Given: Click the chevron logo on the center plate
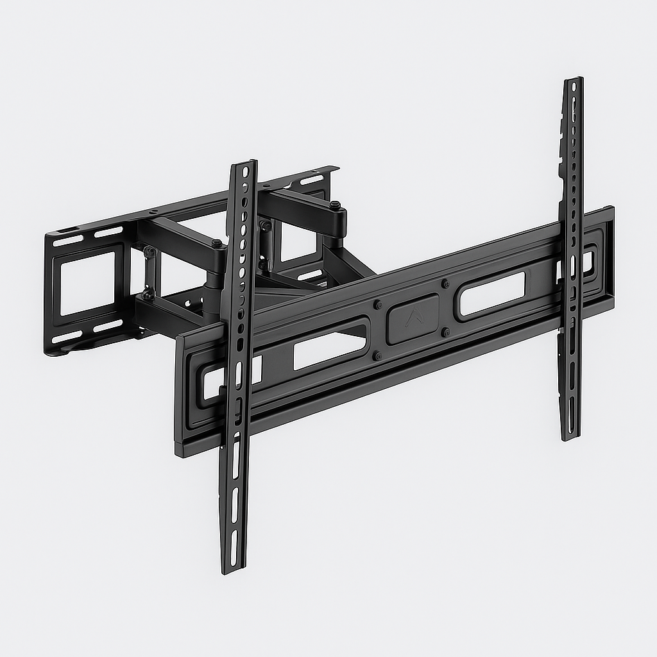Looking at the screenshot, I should tap(412, 316).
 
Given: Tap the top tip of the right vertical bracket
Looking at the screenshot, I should tap(573, 80).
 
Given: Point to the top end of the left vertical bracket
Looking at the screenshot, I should tap(244, 163).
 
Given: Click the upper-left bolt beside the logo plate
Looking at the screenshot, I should tap(377, 305).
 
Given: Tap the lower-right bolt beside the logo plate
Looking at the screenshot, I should tap(445, 332).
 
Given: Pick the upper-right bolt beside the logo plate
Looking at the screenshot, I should tap(445, 282).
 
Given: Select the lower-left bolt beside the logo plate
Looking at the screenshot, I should tap(377, 355).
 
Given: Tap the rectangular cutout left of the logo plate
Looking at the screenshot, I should tap(330, 348).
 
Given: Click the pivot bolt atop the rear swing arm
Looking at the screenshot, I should tap(335, 206).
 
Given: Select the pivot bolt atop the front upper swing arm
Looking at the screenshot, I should tap(217, 244).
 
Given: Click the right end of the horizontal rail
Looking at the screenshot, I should tap(610, 257).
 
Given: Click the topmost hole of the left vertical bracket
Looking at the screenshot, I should tap(244, 172).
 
